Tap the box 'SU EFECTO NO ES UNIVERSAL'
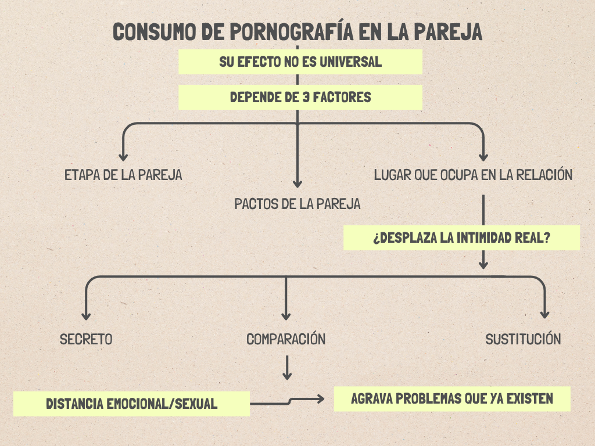(x=300, y=62)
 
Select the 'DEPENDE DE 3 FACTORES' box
(x=300, y=97)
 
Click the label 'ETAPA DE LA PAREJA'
(x=123, y=175)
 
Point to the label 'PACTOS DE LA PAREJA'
(x=297, y=204)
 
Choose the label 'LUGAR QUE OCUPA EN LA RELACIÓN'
(x=474, y=175)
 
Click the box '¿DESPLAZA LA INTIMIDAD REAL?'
(x=461, y=238)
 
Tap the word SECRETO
(x=86, y=339)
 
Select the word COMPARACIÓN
(x=286, y=339)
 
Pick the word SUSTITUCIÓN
(x=523, y=339)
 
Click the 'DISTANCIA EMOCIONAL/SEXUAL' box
(x=131, y=404)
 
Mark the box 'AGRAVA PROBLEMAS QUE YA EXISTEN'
(x=452, y=399)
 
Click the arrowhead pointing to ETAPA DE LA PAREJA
(x=123, y=156)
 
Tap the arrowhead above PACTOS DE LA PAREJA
(x=297, y=183)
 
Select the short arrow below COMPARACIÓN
(x=286, y=368)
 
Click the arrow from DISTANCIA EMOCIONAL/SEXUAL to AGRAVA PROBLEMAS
(x=291, y=400)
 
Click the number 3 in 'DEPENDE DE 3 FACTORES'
(x=306, y=97)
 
